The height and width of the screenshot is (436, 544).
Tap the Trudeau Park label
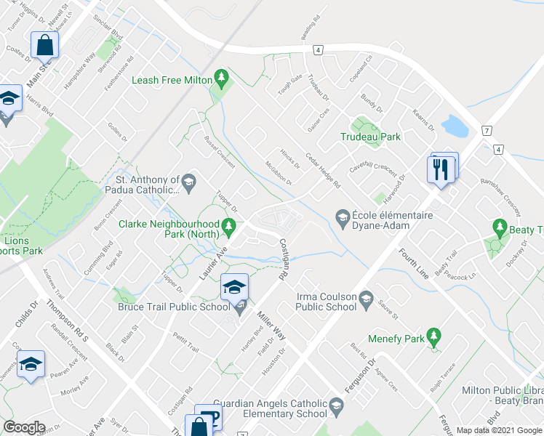370,136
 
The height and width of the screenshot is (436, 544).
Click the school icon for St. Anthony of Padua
189,181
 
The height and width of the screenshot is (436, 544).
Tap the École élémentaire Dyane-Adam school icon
342,216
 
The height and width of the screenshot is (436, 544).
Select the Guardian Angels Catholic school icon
336,404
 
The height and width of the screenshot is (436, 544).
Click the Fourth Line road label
413,263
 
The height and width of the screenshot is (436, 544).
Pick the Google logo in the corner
24,427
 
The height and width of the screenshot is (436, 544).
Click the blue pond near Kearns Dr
455,126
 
